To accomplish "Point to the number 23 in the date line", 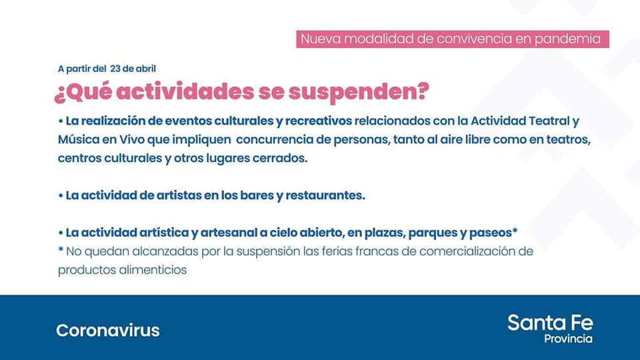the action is [x=115, y=69].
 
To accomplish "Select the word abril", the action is [x=146, y=69].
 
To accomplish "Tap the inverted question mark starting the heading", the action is [x=59, y=95].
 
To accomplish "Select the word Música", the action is [x=79, y=139].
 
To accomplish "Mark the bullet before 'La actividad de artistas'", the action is [x=61, y=196].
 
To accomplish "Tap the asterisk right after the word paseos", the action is [x=515, y=231].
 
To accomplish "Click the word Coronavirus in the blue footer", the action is [x=108, y=330].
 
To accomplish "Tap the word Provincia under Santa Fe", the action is [x=568, y=339].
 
